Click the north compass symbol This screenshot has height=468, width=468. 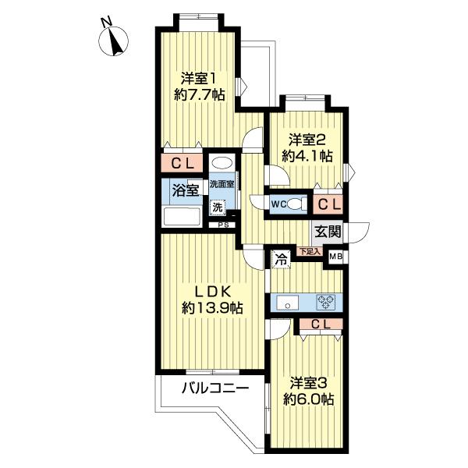point(113,41)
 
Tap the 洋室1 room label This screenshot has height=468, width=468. point(198,79)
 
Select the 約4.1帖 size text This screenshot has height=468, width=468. point(307,156)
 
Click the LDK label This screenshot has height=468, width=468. point(212,292)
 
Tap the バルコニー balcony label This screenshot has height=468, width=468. point(215,388)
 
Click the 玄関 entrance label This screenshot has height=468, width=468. point(328,231)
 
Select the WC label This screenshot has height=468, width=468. point(278,204)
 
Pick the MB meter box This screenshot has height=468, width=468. point(336,257)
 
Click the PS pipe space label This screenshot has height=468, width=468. point(223,225)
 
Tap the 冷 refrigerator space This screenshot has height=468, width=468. point(281,259)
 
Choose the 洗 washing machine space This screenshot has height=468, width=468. point(218,207)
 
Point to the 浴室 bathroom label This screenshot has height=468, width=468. point(186,190)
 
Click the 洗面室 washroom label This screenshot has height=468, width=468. point(222,184)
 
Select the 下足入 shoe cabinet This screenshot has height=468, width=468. point(309,252)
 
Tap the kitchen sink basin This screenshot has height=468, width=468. point(287,303)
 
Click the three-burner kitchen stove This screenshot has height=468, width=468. point(325,303)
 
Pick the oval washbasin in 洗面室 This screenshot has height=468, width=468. point(222,164)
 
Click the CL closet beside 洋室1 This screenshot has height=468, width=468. point(182,163)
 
